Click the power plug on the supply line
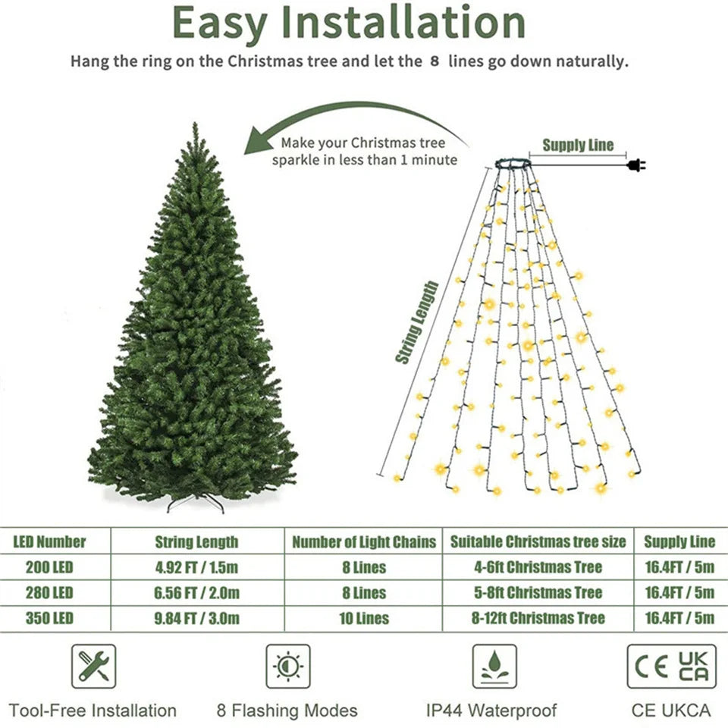point(635,165)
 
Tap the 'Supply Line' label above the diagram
point(578,146)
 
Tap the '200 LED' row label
point(49,567)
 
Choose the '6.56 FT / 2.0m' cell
point(196,592)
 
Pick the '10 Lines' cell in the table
point(363,618)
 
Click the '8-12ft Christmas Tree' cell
point(538,618)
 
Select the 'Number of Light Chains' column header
point(364,541)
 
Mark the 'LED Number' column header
point(49,541)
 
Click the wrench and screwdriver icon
point(94,666)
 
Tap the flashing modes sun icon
point(287,666)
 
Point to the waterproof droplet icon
point(494,666)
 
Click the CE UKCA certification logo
point(671,666)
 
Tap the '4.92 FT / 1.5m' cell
point(196,567)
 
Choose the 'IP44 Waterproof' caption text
point(491,711)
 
